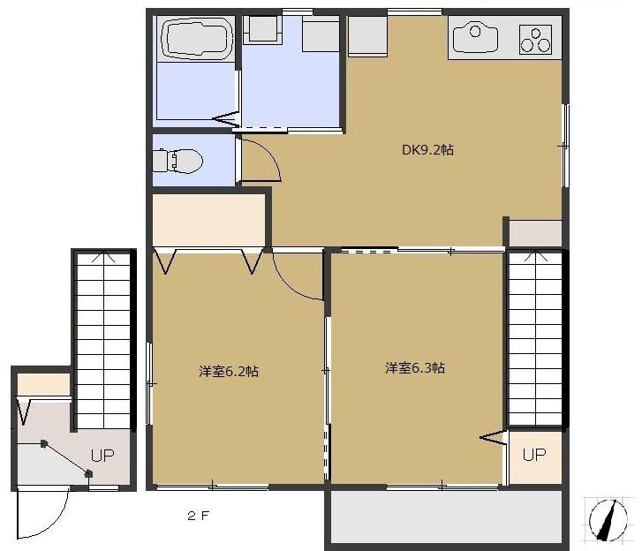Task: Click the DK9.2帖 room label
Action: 427,150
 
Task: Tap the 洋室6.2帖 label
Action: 228,372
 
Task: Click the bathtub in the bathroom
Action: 195,40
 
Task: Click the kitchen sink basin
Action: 475,37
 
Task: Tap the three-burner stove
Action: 535,39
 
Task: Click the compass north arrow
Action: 607,518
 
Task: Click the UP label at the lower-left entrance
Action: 102,457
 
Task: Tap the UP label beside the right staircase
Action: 533,455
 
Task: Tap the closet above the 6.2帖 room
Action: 209,220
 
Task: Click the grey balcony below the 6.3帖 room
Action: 446,516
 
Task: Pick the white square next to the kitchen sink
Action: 366,37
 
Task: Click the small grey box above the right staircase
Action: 534,233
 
